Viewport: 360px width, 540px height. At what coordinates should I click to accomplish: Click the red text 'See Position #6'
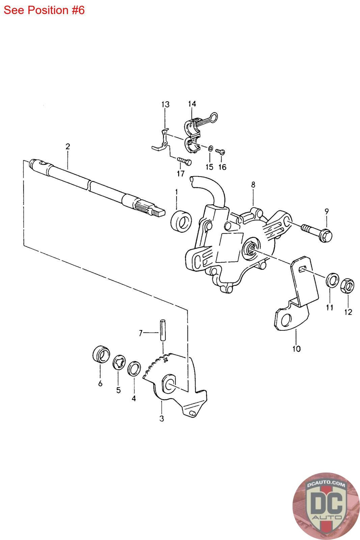coord(44,10)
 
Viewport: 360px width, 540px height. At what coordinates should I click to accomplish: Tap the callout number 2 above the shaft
coord(68,146)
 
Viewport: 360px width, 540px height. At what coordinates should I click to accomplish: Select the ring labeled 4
coord(134,369)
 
